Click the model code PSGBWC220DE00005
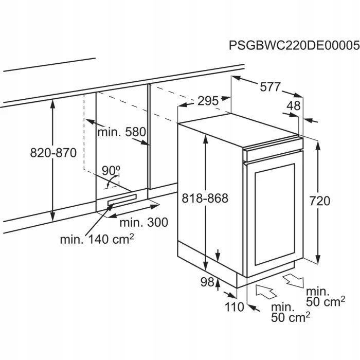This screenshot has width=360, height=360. pos(294,46)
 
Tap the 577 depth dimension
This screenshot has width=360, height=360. pos(269,87)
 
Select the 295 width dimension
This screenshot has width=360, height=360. pos(208,101)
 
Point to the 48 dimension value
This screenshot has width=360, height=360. pos(293,106)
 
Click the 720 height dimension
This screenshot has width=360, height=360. pos(320,201)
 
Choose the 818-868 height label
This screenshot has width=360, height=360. pos(205,198)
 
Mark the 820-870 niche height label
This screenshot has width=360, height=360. pos(53,153)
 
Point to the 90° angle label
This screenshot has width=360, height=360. pos(110,170)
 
